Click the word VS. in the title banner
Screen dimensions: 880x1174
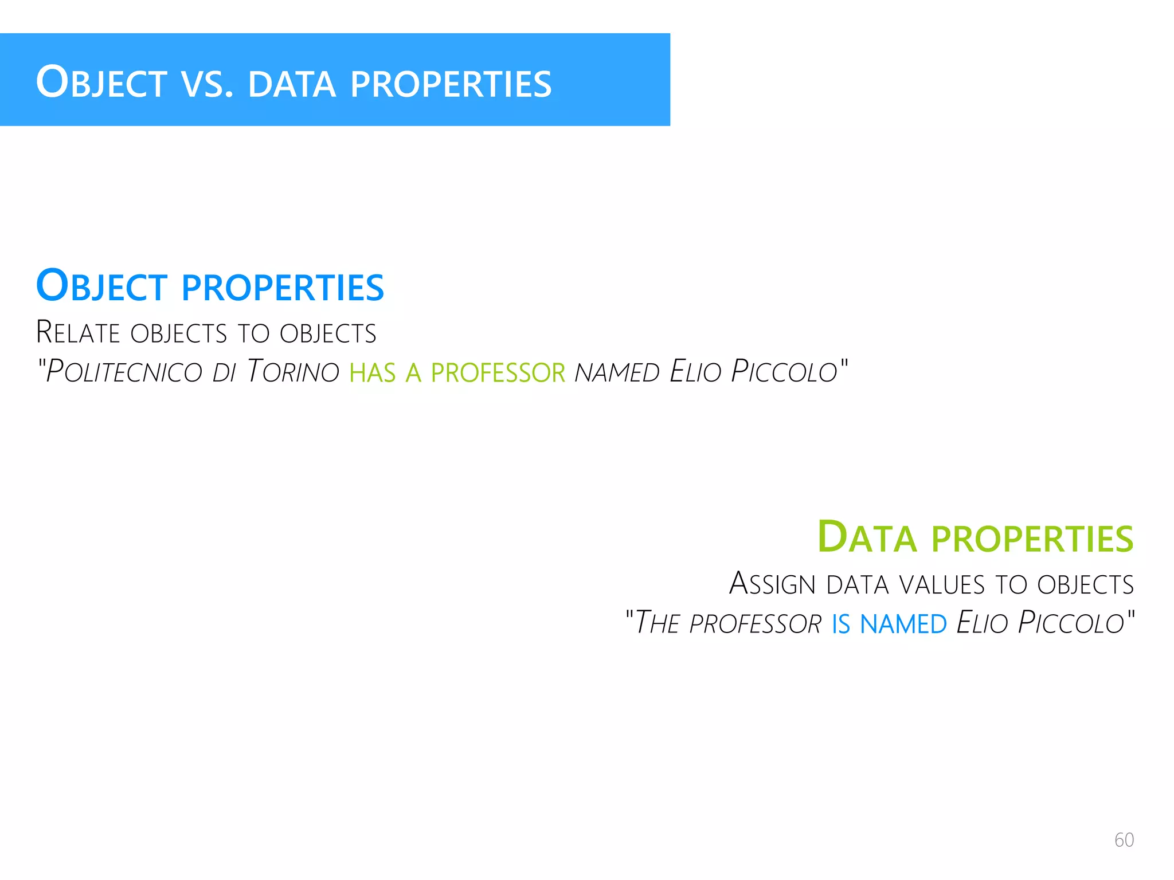(x=208, y=84)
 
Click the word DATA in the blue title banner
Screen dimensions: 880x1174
(x=291, y=84)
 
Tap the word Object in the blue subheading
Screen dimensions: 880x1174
(x=101, y=286)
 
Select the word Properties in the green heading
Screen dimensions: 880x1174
(x=1032, y=539)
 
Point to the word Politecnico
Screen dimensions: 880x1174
(x=124, y=372)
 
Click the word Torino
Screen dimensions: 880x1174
(x=293, y=372)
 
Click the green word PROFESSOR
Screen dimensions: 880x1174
(x=498, y=373)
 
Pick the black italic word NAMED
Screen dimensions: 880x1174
(x=617, y=373)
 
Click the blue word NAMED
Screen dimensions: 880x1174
(x=903, y=624)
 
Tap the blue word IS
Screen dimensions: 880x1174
(x=841, y=624)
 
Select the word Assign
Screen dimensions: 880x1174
(x=772, y=584)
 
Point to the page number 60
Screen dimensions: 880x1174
(x=1124, y=840)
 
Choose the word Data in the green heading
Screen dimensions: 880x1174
(x=867, y=538)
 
